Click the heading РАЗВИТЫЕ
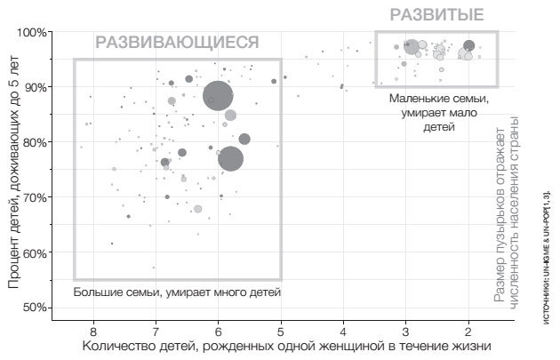click(437, 15)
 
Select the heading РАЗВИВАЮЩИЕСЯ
click(177, 43)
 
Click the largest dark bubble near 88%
click(219, 96)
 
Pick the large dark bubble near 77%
click(230, 158)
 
